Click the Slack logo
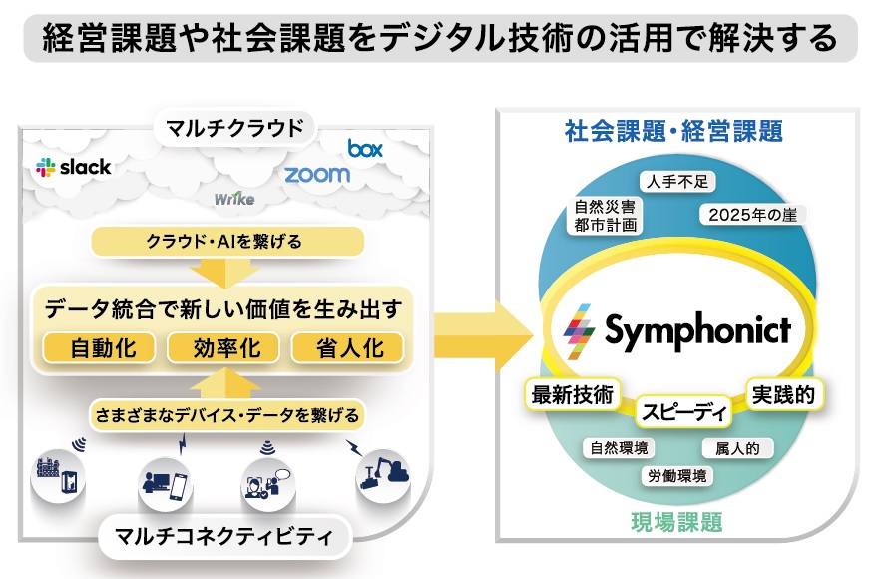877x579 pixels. tap(73, 167)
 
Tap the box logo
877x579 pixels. tap(365, 149)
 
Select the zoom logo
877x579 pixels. tap(317, 175)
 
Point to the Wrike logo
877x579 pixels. tap(234, 199)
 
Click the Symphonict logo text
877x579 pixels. tap(697, 331)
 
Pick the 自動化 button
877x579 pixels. tap(99, 348)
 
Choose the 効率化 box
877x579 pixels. tap(223, 348)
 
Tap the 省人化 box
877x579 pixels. tap(347, 348)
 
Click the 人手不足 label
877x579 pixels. tap(677, 182)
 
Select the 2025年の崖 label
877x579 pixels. tap(753, 215)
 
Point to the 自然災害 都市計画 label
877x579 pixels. tap(606, 216)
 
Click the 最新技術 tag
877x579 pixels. tap(572, 394)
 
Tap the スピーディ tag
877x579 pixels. tap(684, 412)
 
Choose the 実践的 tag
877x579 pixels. tap(783, 395)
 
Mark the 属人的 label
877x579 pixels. tap(737, 448)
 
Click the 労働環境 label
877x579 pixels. tap(677, 476)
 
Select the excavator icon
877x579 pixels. tap(384, 475)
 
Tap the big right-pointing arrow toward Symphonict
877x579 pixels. tap(483, 336)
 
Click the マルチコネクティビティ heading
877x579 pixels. tap(223, 536)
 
